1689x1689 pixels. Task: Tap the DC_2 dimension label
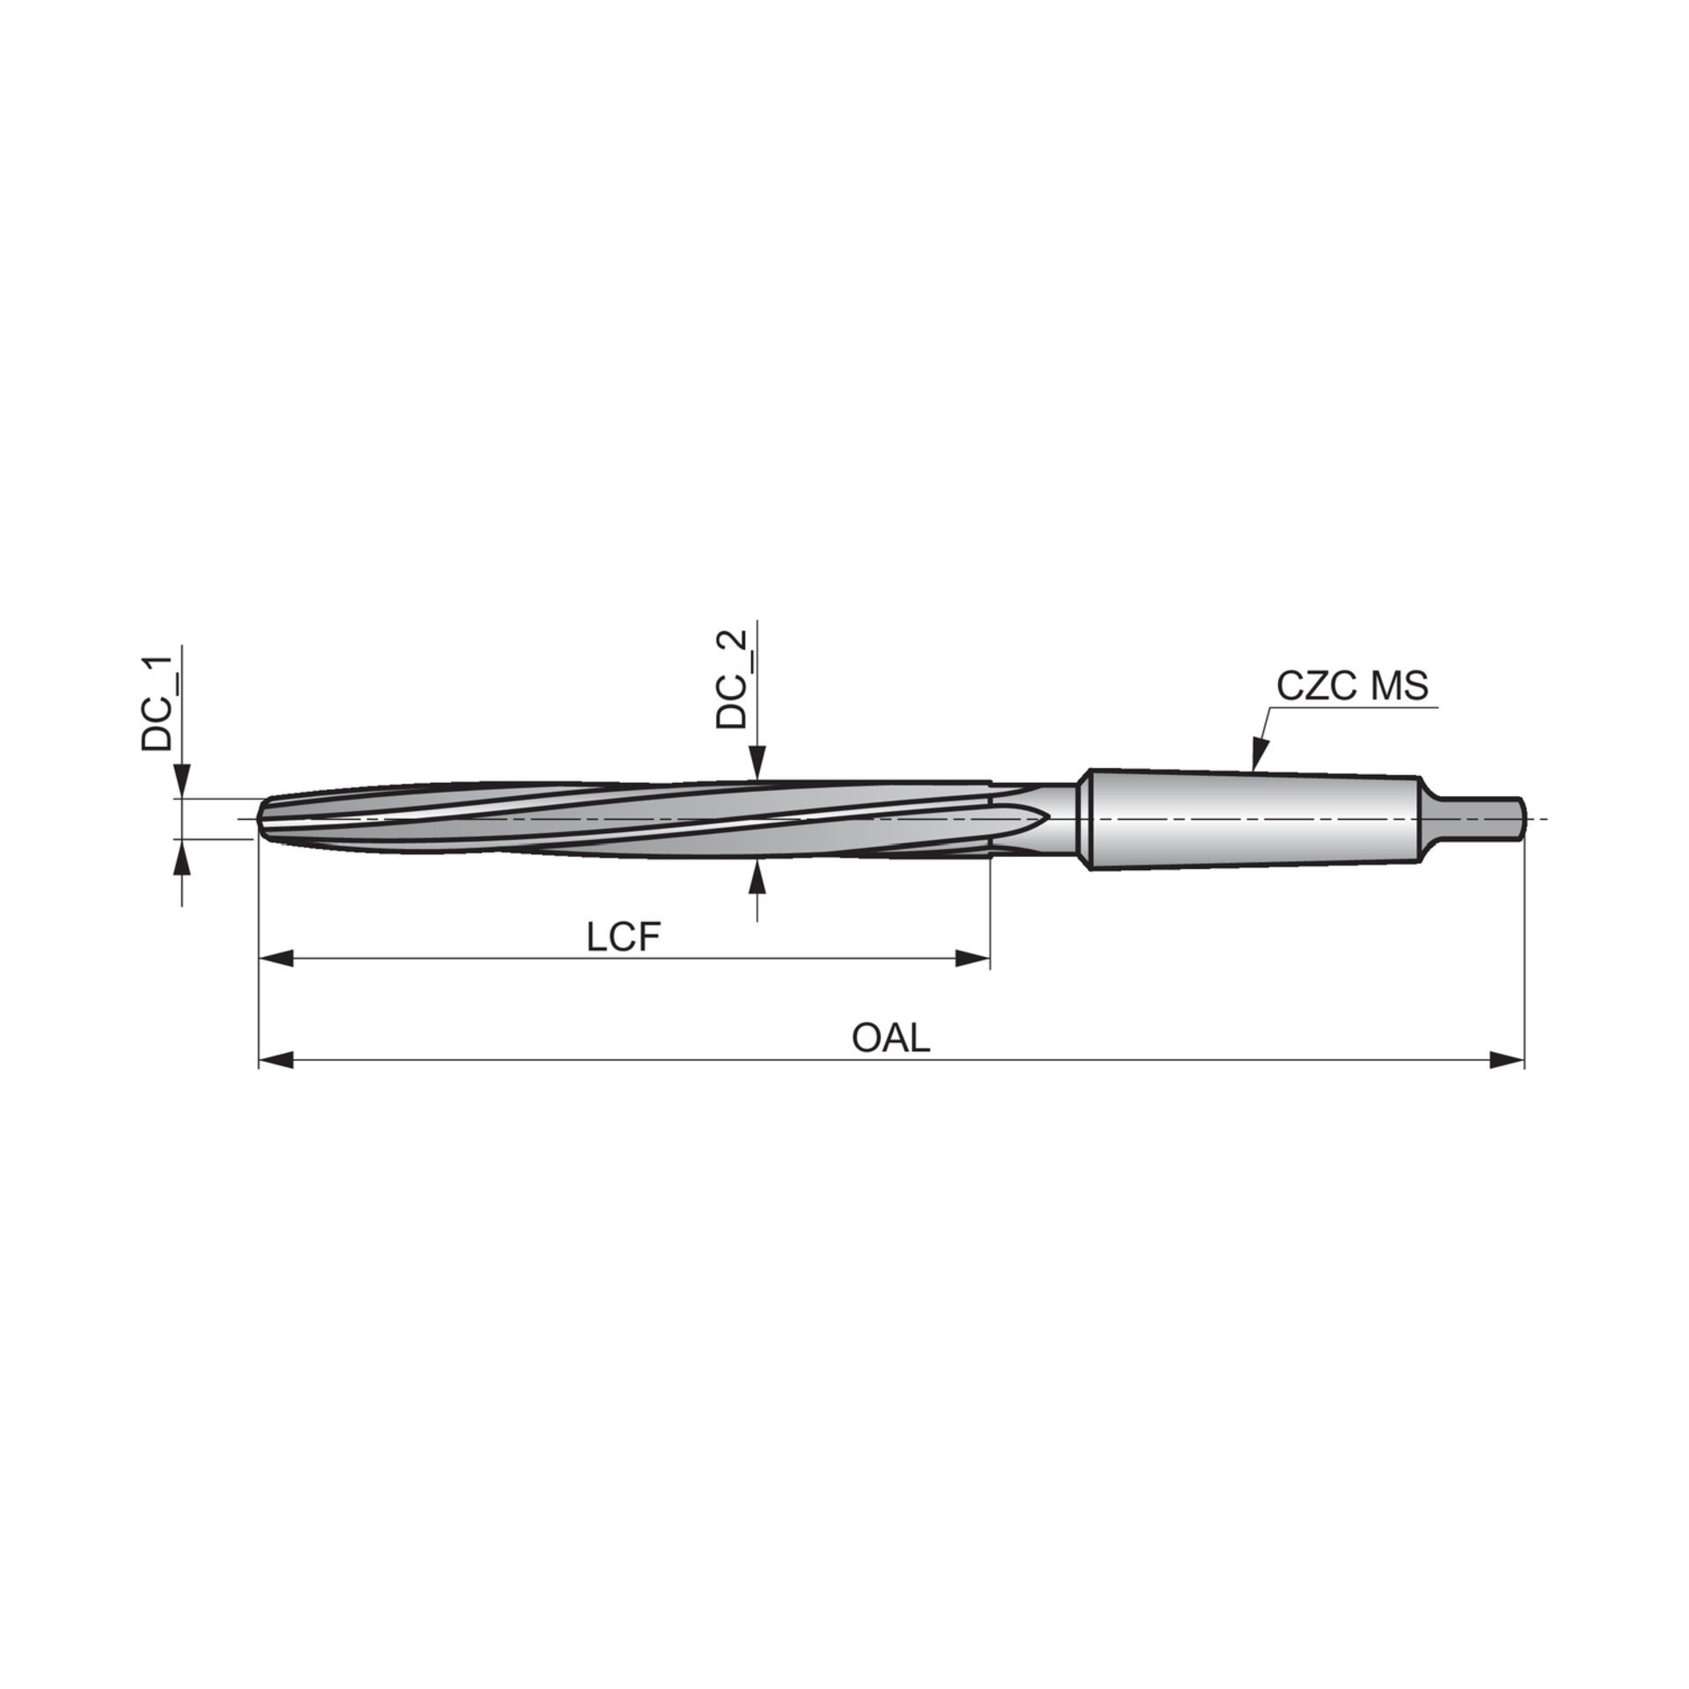[731, 679]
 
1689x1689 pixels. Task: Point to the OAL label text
[891, 1039]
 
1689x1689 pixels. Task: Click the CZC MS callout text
[1352, 686]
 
